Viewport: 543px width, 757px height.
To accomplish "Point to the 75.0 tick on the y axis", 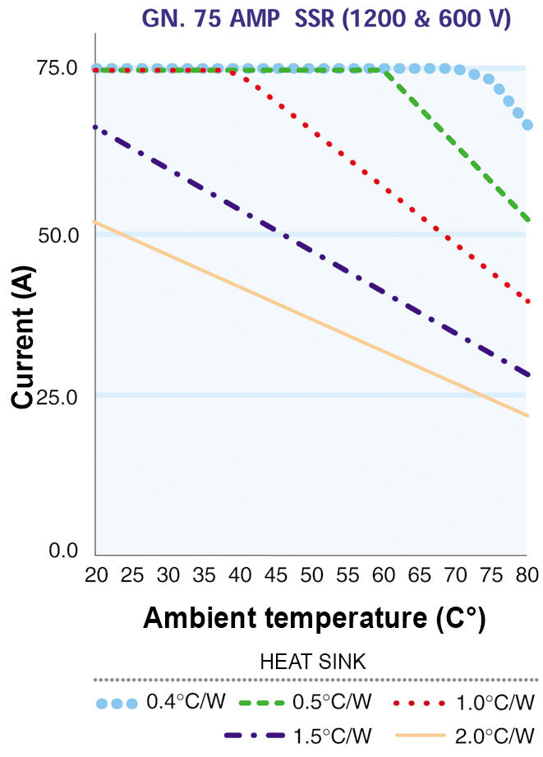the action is point(58,68).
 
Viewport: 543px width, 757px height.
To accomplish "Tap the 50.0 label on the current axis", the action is point(58,235).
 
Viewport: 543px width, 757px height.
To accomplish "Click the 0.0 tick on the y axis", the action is point(63,550).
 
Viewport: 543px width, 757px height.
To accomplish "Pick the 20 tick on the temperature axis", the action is point(96,575).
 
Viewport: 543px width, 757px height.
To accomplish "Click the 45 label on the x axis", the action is point(275,575).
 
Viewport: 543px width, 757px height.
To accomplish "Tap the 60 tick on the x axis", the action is point(384,575).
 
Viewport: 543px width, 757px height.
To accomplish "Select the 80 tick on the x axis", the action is point(527,575).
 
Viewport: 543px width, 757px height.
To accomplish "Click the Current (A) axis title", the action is point(23,336).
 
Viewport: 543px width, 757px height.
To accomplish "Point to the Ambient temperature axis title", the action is point(314,618).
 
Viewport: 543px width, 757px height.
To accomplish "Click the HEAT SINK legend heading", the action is point(313,662).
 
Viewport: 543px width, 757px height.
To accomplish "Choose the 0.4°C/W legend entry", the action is point(161,702).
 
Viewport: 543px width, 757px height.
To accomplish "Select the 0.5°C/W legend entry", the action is point(306,702).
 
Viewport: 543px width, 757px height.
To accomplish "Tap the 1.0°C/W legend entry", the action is point(464,703).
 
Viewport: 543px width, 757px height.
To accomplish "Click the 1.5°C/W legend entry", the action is point(298,736).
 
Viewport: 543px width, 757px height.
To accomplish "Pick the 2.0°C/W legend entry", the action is point(465,736).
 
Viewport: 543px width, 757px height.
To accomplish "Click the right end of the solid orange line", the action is point(528,416).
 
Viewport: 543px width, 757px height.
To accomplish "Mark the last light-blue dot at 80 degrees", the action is point(527,125).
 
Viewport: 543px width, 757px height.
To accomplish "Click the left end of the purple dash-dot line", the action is point(95,127).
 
